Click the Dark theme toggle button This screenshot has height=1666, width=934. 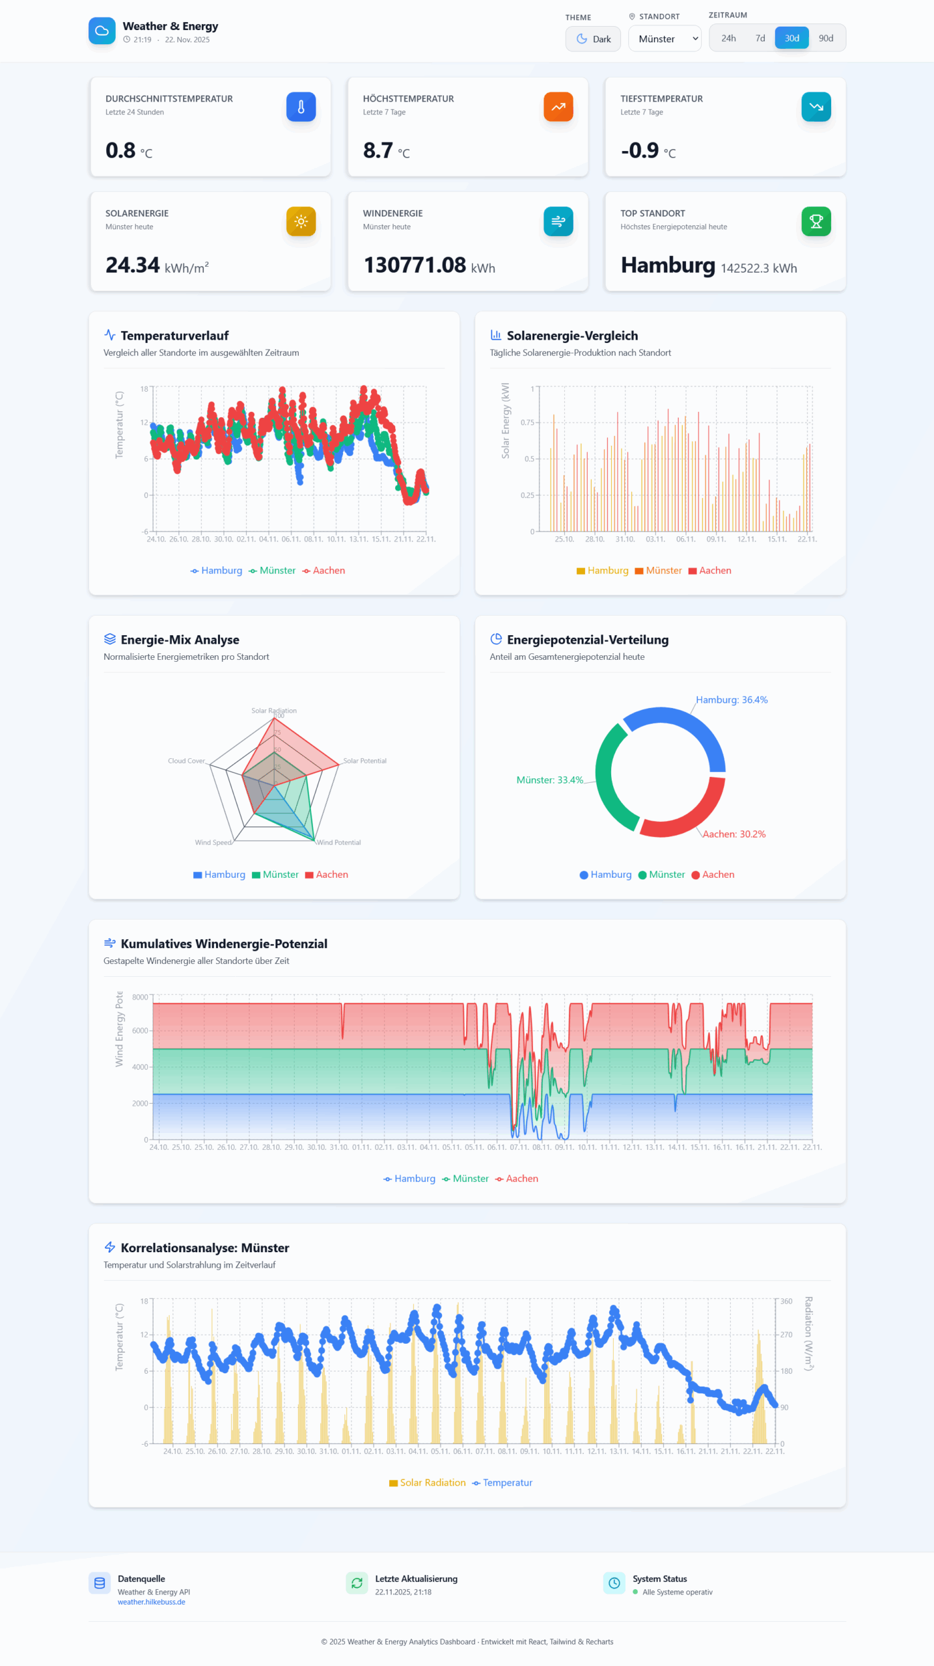tap(592, 38)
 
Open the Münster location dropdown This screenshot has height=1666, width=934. tap(664, 38)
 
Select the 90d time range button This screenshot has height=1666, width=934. tap(825, 38)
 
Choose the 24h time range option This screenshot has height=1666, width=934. tap(728, 38)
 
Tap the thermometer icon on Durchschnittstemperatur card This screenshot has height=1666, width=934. tap(301, 107)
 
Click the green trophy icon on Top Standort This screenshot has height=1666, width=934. tap(816, 221)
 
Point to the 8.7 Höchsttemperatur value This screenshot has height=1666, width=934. tap(378, 150)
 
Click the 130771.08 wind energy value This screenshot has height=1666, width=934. tap(415, 266)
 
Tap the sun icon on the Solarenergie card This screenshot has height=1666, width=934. tap(301, 221)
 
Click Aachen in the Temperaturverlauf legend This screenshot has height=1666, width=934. tap(328, 571)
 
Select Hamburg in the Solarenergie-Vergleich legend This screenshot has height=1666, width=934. tap(607, 571)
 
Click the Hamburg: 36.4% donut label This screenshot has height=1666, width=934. tap(732, 700)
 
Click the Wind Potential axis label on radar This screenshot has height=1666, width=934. tap(338, 842)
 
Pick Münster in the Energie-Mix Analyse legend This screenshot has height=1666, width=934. tap(280, 875)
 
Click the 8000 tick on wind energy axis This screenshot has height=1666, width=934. tap(140, 997)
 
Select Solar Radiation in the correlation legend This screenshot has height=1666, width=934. tap(432, 1482)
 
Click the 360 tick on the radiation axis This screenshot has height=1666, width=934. tap(786, 1301)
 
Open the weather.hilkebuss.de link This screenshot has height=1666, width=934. tap(152, 1602)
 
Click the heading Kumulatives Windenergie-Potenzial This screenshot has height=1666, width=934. tap(224, 944)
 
